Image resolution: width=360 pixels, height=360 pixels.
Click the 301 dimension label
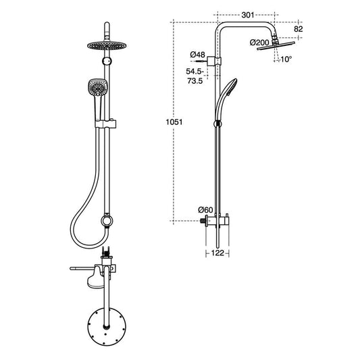248,15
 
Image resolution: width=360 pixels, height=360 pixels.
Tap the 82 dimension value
299,29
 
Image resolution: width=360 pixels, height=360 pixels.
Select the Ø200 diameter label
259,43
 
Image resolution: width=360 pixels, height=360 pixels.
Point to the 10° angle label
286,59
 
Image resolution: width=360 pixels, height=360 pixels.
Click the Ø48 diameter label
197,55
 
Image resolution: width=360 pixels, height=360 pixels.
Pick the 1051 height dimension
174,122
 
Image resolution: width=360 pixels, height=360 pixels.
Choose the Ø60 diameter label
205,209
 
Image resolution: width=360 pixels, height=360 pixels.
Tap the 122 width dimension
217,253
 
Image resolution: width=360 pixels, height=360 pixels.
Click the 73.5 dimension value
195,81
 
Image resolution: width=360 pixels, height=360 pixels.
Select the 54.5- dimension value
195,72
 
